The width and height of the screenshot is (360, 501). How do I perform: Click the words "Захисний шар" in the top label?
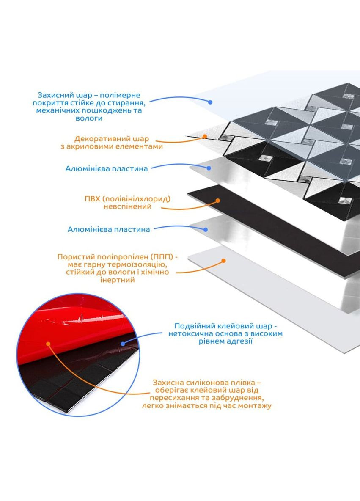click(60, 95)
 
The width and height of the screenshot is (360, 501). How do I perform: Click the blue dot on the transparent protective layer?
click(210, 102)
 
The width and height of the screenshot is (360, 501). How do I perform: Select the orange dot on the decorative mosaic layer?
click(205, 136)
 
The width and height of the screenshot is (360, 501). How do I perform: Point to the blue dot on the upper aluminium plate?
click(209, 168)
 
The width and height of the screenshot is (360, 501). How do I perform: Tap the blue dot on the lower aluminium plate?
click(206, 230)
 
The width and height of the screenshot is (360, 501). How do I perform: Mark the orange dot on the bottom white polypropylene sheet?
click(223, 261)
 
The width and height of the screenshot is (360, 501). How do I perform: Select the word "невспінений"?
click(127, 207)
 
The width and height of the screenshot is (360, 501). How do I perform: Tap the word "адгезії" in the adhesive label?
click(240, 341)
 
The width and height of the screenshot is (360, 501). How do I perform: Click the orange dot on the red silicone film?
click(49, 344)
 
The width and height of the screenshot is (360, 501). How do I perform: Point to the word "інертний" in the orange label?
click(117, 280)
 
